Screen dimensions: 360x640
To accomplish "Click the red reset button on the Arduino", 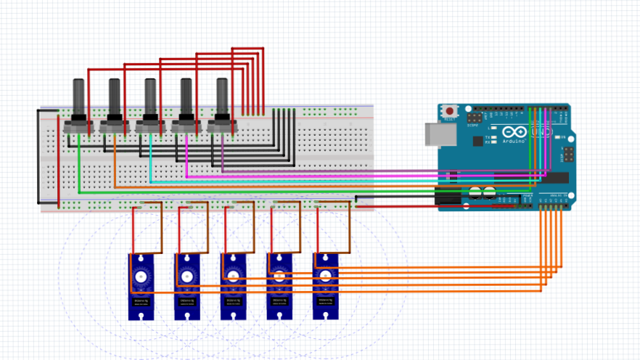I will tap(450, 112).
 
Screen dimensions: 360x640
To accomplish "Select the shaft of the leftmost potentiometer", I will tap(78, 97).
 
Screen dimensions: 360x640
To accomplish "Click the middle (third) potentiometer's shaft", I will tap(150, 97).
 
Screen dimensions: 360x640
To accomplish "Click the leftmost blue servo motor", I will tap(140, 287).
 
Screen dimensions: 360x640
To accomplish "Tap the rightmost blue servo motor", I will tap(325, 287).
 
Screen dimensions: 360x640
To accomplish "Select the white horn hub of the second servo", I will tap(186, 277).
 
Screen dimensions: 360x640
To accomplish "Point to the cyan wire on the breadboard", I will tap(150, 163).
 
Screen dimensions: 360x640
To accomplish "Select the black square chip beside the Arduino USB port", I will tap(477, 142).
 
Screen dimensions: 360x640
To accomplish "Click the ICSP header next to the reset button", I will tap(474, 116).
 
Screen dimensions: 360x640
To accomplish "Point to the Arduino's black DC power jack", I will tap(448, 195).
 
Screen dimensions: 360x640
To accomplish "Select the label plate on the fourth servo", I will tap(279, 300).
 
